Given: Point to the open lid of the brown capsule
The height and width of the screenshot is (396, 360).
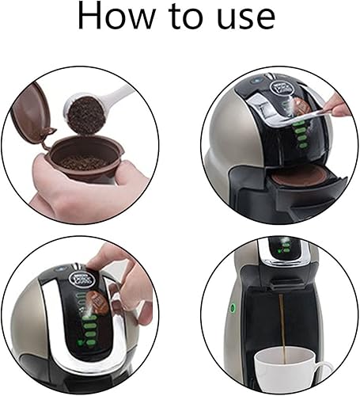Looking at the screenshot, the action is (31, 112).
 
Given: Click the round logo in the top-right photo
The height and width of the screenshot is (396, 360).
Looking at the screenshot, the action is (282, 87).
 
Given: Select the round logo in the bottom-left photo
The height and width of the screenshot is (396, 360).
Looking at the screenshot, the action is (81, 280).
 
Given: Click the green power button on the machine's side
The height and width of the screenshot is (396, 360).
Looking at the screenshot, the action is (233, 307).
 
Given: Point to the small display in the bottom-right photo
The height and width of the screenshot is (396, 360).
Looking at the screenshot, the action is (283, 247).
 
